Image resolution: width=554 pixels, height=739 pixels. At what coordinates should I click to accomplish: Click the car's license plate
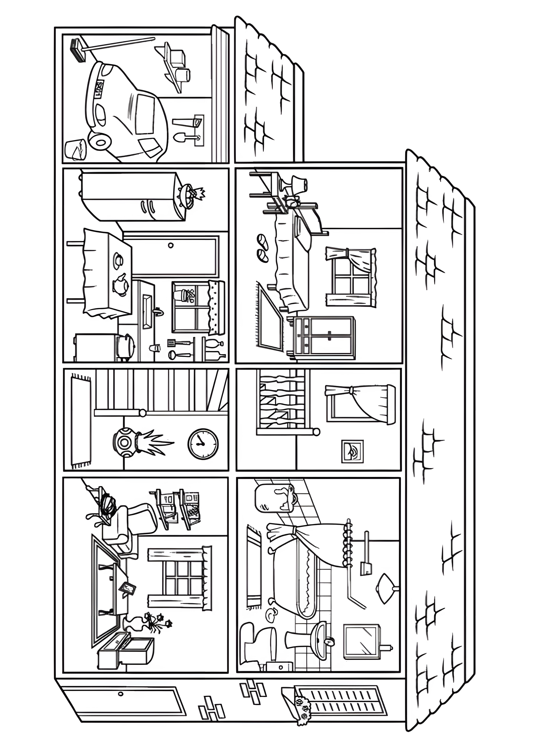(99, 89)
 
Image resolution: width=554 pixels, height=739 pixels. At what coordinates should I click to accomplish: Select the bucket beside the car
(75, 149)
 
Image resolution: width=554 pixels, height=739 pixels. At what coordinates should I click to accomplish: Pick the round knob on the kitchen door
(171, 246)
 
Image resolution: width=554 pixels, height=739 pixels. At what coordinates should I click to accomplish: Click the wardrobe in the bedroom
(321, 336)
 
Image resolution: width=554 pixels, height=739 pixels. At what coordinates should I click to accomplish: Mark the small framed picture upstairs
(352, 451)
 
